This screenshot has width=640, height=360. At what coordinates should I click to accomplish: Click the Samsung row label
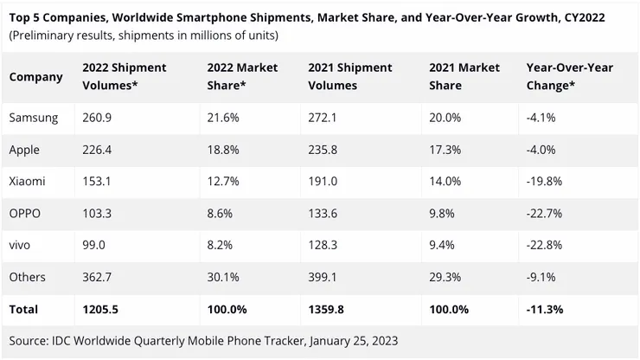pyautogui.click(x=34, y=117)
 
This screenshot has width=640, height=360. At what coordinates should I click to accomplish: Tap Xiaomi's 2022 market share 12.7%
pyautogui.click(x=223, y=181)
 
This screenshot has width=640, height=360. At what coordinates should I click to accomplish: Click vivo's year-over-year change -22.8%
pyautogui.click(x=542, y=245)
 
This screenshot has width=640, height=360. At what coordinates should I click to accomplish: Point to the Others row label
pyautogui.click(x=28, y=277)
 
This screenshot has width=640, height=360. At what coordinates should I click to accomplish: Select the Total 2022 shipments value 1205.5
pyautogui.click(x=101, y=309)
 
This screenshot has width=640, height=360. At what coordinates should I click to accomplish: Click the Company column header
pyautogui.click(x=36, y=77)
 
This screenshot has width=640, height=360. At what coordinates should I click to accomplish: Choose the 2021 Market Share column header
pyautogui.click(x=464, y=77)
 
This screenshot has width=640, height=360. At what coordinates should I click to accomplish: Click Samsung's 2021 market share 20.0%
pyautogui.click(x=445, y=117)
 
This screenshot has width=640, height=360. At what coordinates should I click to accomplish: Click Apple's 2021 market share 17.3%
pyautogui.click(x=445, y=149)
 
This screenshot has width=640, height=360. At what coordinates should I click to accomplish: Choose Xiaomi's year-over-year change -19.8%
pyautogui.click(x=542, y=181)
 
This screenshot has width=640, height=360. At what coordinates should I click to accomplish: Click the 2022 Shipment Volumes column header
pyautogui.click(x=125, y=77)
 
